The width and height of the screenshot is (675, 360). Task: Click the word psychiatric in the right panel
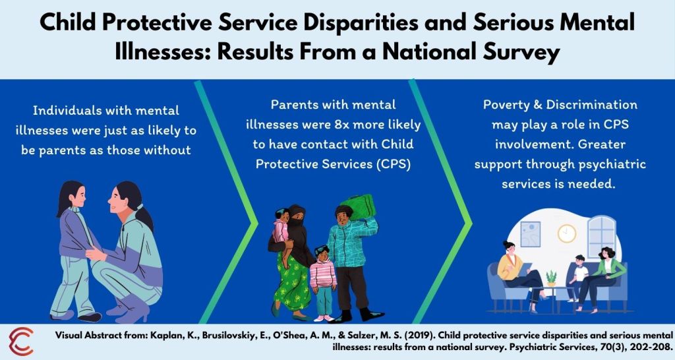click(611, 164)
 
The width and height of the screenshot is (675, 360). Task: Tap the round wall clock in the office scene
click(566, 233)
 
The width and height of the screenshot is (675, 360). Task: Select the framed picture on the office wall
click(531, 233)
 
